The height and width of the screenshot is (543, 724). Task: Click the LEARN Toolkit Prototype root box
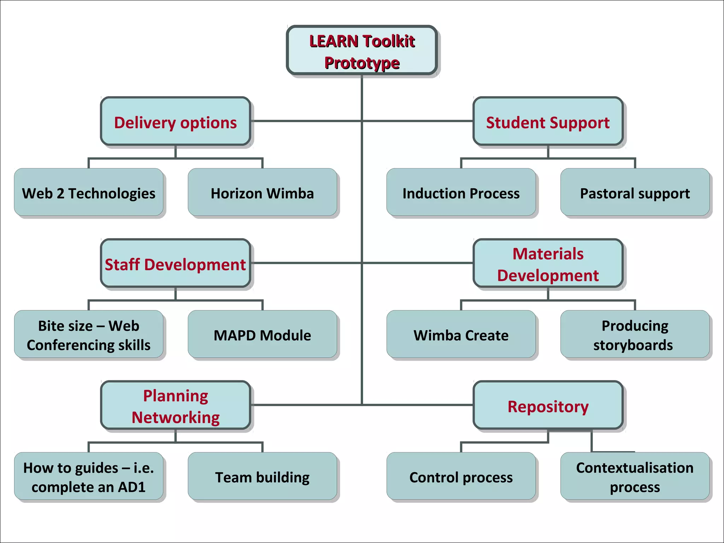(x=362, y=50)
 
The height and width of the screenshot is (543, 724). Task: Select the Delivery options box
(x=175, y=121)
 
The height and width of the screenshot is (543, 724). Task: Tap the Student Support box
(x=548, y=121)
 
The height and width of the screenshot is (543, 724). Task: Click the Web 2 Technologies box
(x=88, y=192)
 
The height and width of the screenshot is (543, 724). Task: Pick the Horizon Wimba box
(x=262, y=192)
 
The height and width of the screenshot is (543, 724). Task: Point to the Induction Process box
(x=461, y=192)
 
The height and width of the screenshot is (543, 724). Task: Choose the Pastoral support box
(x=635, y=192)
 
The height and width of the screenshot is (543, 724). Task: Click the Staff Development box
(x=175, y=263)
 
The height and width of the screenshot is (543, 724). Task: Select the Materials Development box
(x=548, y=263)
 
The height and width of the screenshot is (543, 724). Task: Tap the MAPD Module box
(x=262, y=334)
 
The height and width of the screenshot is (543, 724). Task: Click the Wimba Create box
(x=461, y=334)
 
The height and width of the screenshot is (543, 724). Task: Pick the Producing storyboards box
(x=635, y=334)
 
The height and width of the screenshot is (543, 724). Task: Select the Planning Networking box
(x=175, y=405)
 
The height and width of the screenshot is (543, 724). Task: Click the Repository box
(x=548, y=405)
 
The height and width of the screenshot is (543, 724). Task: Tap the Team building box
(x=262, y=477)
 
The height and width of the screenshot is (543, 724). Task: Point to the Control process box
(x=461, y=477)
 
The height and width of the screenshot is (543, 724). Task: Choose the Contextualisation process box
(x=635, y=477)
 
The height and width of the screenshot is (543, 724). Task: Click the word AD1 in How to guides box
(x=132, y=487)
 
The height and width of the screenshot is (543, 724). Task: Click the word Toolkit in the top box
(x=389, y=41)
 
